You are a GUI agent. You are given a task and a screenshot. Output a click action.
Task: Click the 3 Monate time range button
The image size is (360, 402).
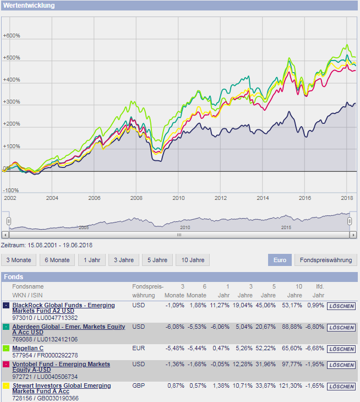point(19,260)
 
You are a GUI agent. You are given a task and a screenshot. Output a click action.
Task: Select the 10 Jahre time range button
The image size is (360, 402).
point(193,260)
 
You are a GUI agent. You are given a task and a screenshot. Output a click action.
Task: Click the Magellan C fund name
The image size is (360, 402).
point(28,348)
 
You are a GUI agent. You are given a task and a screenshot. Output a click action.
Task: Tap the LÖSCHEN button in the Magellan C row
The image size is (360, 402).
point(341,349)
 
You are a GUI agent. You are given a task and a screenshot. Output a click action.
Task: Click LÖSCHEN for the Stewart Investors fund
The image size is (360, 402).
point(341,387)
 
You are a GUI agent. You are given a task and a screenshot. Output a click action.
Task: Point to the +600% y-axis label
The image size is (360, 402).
point(12,36)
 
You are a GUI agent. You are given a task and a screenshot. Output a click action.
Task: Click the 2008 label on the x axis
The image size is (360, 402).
point(136,198)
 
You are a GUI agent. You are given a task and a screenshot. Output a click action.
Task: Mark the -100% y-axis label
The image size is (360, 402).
point(12,190)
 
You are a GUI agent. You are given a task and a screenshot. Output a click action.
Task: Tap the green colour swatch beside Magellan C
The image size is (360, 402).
point(6,349)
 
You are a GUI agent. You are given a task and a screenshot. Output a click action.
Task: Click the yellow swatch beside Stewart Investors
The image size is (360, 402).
point(6,386)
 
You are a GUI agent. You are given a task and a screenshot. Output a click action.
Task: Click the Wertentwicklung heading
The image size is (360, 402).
point(29,5)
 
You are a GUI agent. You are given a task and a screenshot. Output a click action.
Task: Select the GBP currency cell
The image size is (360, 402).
point(139,385)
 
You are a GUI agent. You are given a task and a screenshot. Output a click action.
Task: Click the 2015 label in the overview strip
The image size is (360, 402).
point(286,227)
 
